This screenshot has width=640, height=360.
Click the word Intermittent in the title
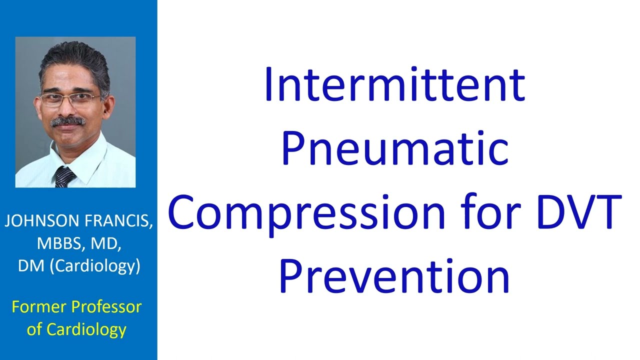(394, 85)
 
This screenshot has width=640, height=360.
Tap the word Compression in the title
(306, 212)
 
